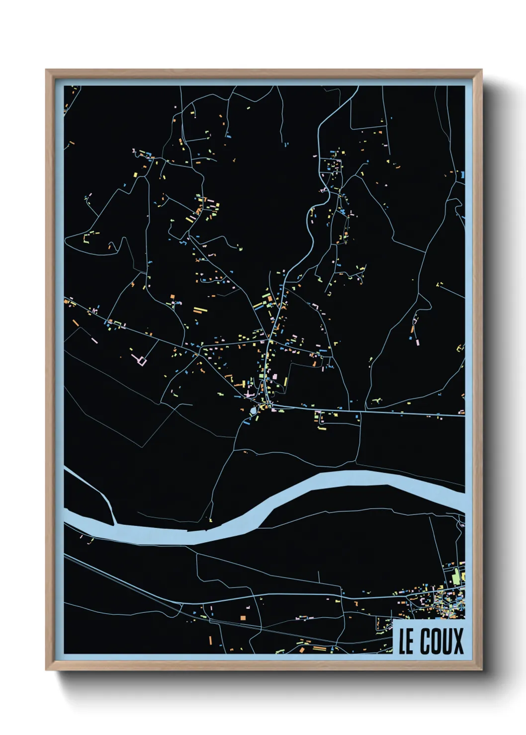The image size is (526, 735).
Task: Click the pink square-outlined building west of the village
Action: [142, 361]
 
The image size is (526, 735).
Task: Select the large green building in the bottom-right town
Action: [455, 577]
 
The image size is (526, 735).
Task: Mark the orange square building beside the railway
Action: [243, 618]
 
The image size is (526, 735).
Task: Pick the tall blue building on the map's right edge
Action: [462, 175]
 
